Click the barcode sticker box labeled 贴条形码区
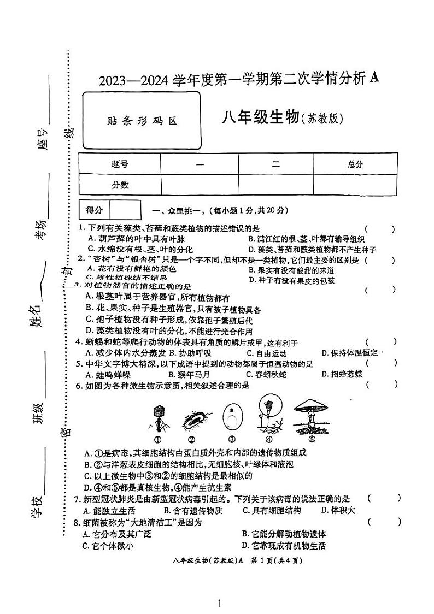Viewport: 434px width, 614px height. (142, 121)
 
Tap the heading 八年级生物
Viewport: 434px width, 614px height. (261, 117)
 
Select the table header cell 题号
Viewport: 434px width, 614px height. (120, 164)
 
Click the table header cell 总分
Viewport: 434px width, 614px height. (355, 164)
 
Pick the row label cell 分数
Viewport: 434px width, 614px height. (120, 185)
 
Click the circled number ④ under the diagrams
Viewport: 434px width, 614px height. (269, 439)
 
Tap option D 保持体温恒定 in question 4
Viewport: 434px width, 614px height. (350, 353)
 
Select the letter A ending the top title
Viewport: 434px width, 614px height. (374, 78)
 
